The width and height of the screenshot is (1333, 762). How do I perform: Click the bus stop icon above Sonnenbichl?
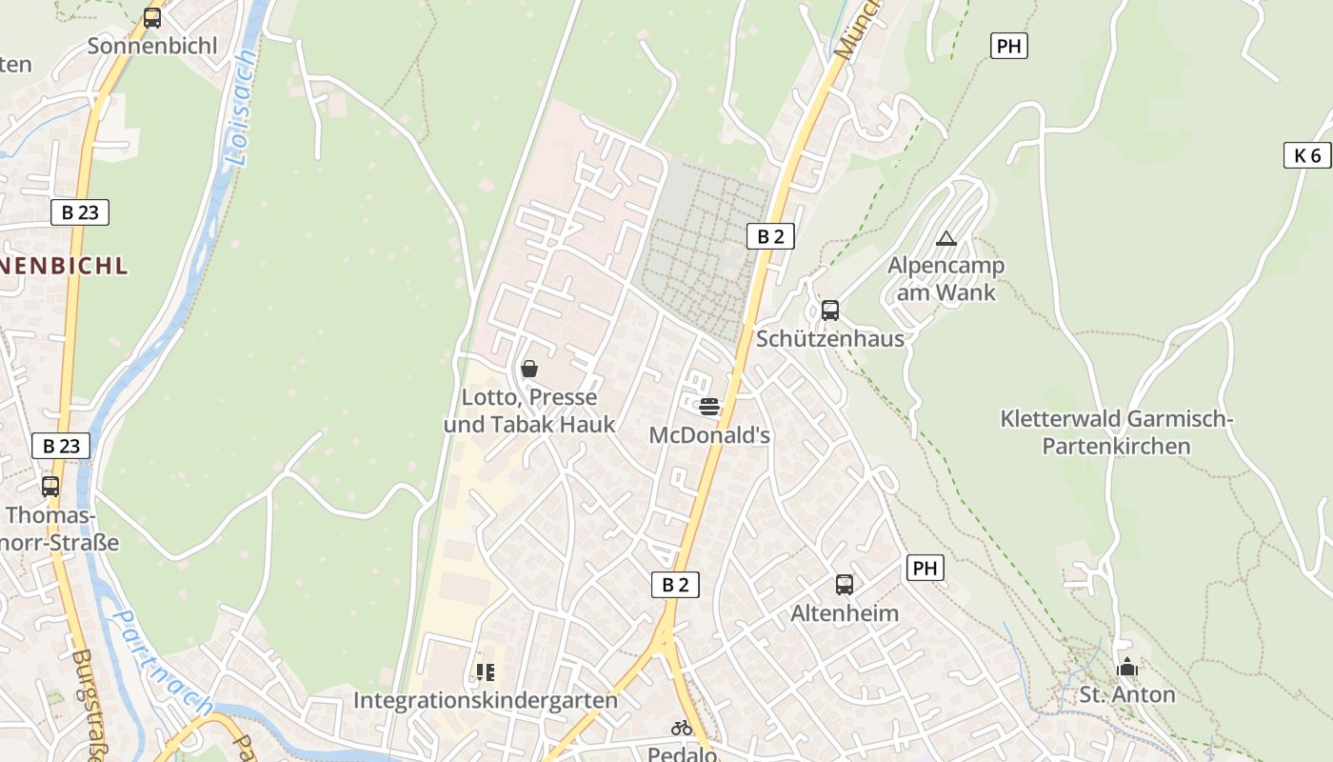pos(152,17)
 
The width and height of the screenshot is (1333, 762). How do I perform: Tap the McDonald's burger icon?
pos(709,407)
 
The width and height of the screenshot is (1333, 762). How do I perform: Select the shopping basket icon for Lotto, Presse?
pos(529,369)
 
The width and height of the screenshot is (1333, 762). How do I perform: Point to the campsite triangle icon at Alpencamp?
pos(945,238)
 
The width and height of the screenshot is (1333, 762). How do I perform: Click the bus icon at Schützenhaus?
pos(829,310)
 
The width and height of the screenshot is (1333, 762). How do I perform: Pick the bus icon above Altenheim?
pos(844,584)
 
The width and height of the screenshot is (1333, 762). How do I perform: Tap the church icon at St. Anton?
pos(1127,667)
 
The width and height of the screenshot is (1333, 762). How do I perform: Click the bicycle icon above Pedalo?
pos(681,727)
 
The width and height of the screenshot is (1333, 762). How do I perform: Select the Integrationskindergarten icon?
pos(486,672)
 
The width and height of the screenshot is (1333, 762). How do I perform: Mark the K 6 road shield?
pos(1307,155)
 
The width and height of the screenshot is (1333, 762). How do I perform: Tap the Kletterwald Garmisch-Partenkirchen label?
pos(1116,432)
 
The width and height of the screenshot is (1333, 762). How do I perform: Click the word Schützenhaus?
pos(830,338)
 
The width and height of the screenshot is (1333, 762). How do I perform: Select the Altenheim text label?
pos(845,612)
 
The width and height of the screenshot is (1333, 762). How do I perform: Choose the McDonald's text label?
pos(709,435)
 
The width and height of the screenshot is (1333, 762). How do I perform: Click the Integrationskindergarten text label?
pos(486,700)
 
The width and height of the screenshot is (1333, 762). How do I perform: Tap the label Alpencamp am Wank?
pos(945,278)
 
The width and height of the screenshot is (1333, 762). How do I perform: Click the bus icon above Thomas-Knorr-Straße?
pos(50,487)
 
